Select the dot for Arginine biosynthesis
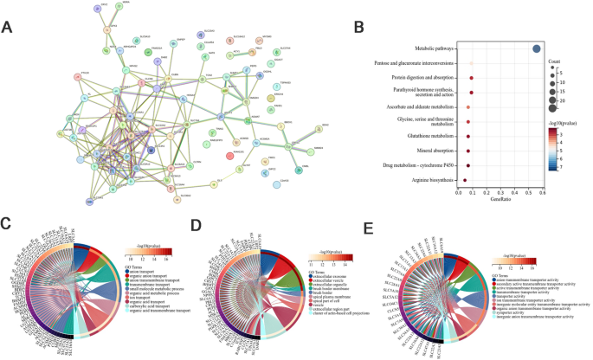pos(465,180)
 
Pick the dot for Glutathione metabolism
pos(468,135)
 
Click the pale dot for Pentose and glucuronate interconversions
pos(471,63)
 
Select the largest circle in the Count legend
pos(551,108)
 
